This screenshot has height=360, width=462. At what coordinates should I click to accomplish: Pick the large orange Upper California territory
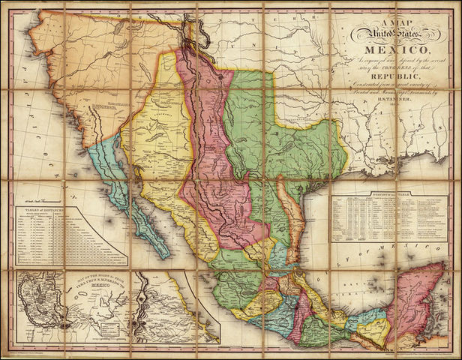click(x=90, y=67)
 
